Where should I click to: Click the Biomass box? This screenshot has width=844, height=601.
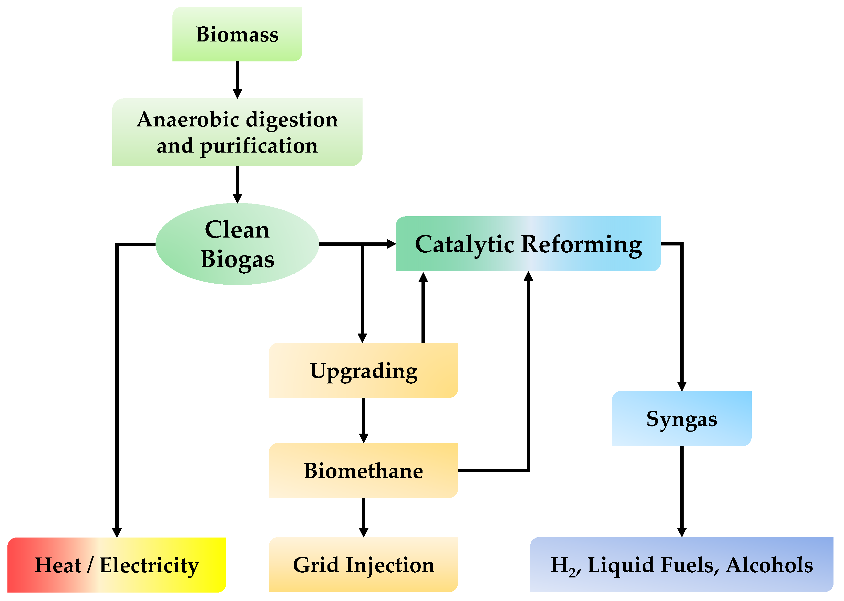click(x=237, y=34)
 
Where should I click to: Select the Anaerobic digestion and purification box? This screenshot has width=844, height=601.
click(x=237, y=132)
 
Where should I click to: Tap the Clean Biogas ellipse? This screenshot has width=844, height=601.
click(x=237, y=244)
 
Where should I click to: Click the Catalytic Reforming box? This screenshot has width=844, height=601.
click(x=528, y=244)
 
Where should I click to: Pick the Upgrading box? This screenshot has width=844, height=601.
click(x=363, y=370)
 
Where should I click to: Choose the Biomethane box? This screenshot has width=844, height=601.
click(x=363, y=470)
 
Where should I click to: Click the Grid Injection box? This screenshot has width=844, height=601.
click(x=363, y=565)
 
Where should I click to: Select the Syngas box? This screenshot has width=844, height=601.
click(x=681, y=418)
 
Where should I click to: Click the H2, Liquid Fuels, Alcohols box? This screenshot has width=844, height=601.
click(x=681, y=565)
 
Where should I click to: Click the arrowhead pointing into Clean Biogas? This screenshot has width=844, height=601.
click(x=237, y=198)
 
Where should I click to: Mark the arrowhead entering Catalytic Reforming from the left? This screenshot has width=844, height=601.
click(x=392, y=244)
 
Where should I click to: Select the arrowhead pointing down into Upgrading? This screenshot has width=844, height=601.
click(x=362, y=338)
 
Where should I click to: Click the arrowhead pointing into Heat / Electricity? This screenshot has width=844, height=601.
click(x=117, y=533)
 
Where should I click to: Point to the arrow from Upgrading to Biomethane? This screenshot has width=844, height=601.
click(x=364, y=420)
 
